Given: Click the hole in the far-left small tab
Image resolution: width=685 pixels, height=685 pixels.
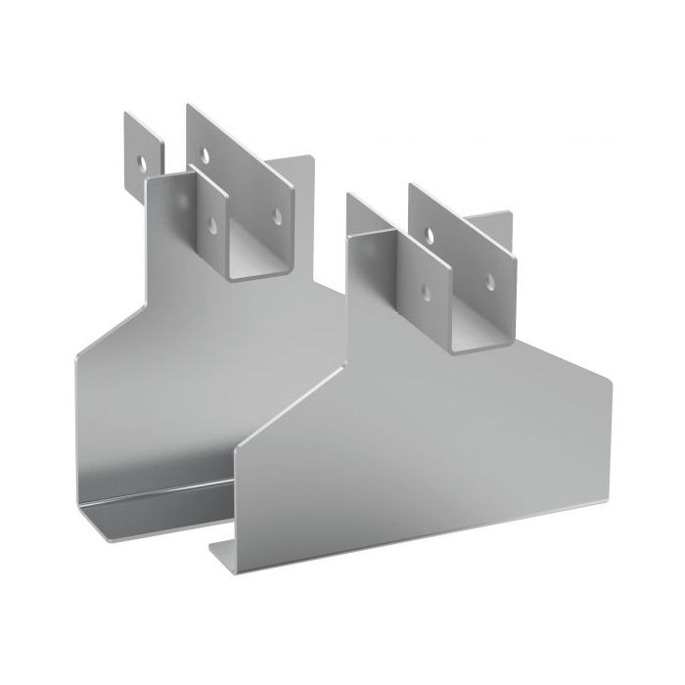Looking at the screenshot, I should pos(144,156).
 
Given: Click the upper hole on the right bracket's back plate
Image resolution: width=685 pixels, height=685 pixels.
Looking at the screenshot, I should pos(430,234).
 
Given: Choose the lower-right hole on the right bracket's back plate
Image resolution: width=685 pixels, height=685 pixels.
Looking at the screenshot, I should pos(490,280).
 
